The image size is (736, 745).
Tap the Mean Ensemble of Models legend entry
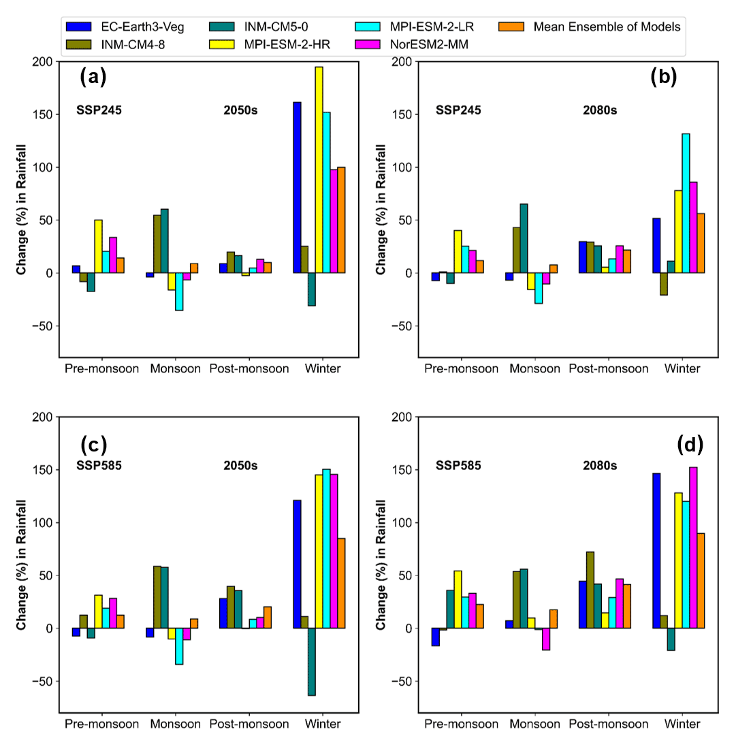point(607,27)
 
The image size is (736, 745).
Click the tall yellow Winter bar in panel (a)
point(319,170)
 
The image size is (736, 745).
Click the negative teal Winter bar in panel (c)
point(311,661)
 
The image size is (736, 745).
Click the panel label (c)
point(93,445)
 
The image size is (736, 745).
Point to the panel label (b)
point(663,77)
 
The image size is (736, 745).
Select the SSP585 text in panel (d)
point(458,466)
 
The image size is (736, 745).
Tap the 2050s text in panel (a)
point(240,110)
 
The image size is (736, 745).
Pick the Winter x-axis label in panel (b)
point(682,368)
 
